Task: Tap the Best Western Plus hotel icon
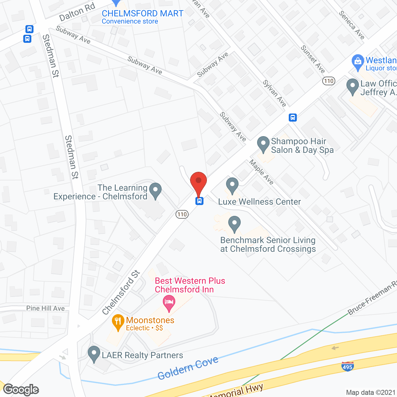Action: (x=169, y=303)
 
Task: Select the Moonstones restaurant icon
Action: (x=118, y=322)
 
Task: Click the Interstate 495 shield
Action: (x=347, y=367)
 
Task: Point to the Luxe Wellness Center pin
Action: (x=232, y=185)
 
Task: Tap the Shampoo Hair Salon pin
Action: (x=263, y=144)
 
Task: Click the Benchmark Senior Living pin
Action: (x=234, y=224)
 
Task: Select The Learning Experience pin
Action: (x=155, y=190)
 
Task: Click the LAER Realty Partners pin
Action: (x=94, y=354)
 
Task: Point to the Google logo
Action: (x=21, y=390)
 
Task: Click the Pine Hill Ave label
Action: (x=45, y=308)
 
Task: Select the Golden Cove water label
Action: (x=188, y=368)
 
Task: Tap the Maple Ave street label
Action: (x=261, y=172)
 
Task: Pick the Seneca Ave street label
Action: (x=351, y=25)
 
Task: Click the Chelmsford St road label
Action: (x=121, y=292)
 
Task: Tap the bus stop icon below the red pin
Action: (x=199, y=201)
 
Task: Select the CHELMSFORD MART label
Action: (x=143, y=14)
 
